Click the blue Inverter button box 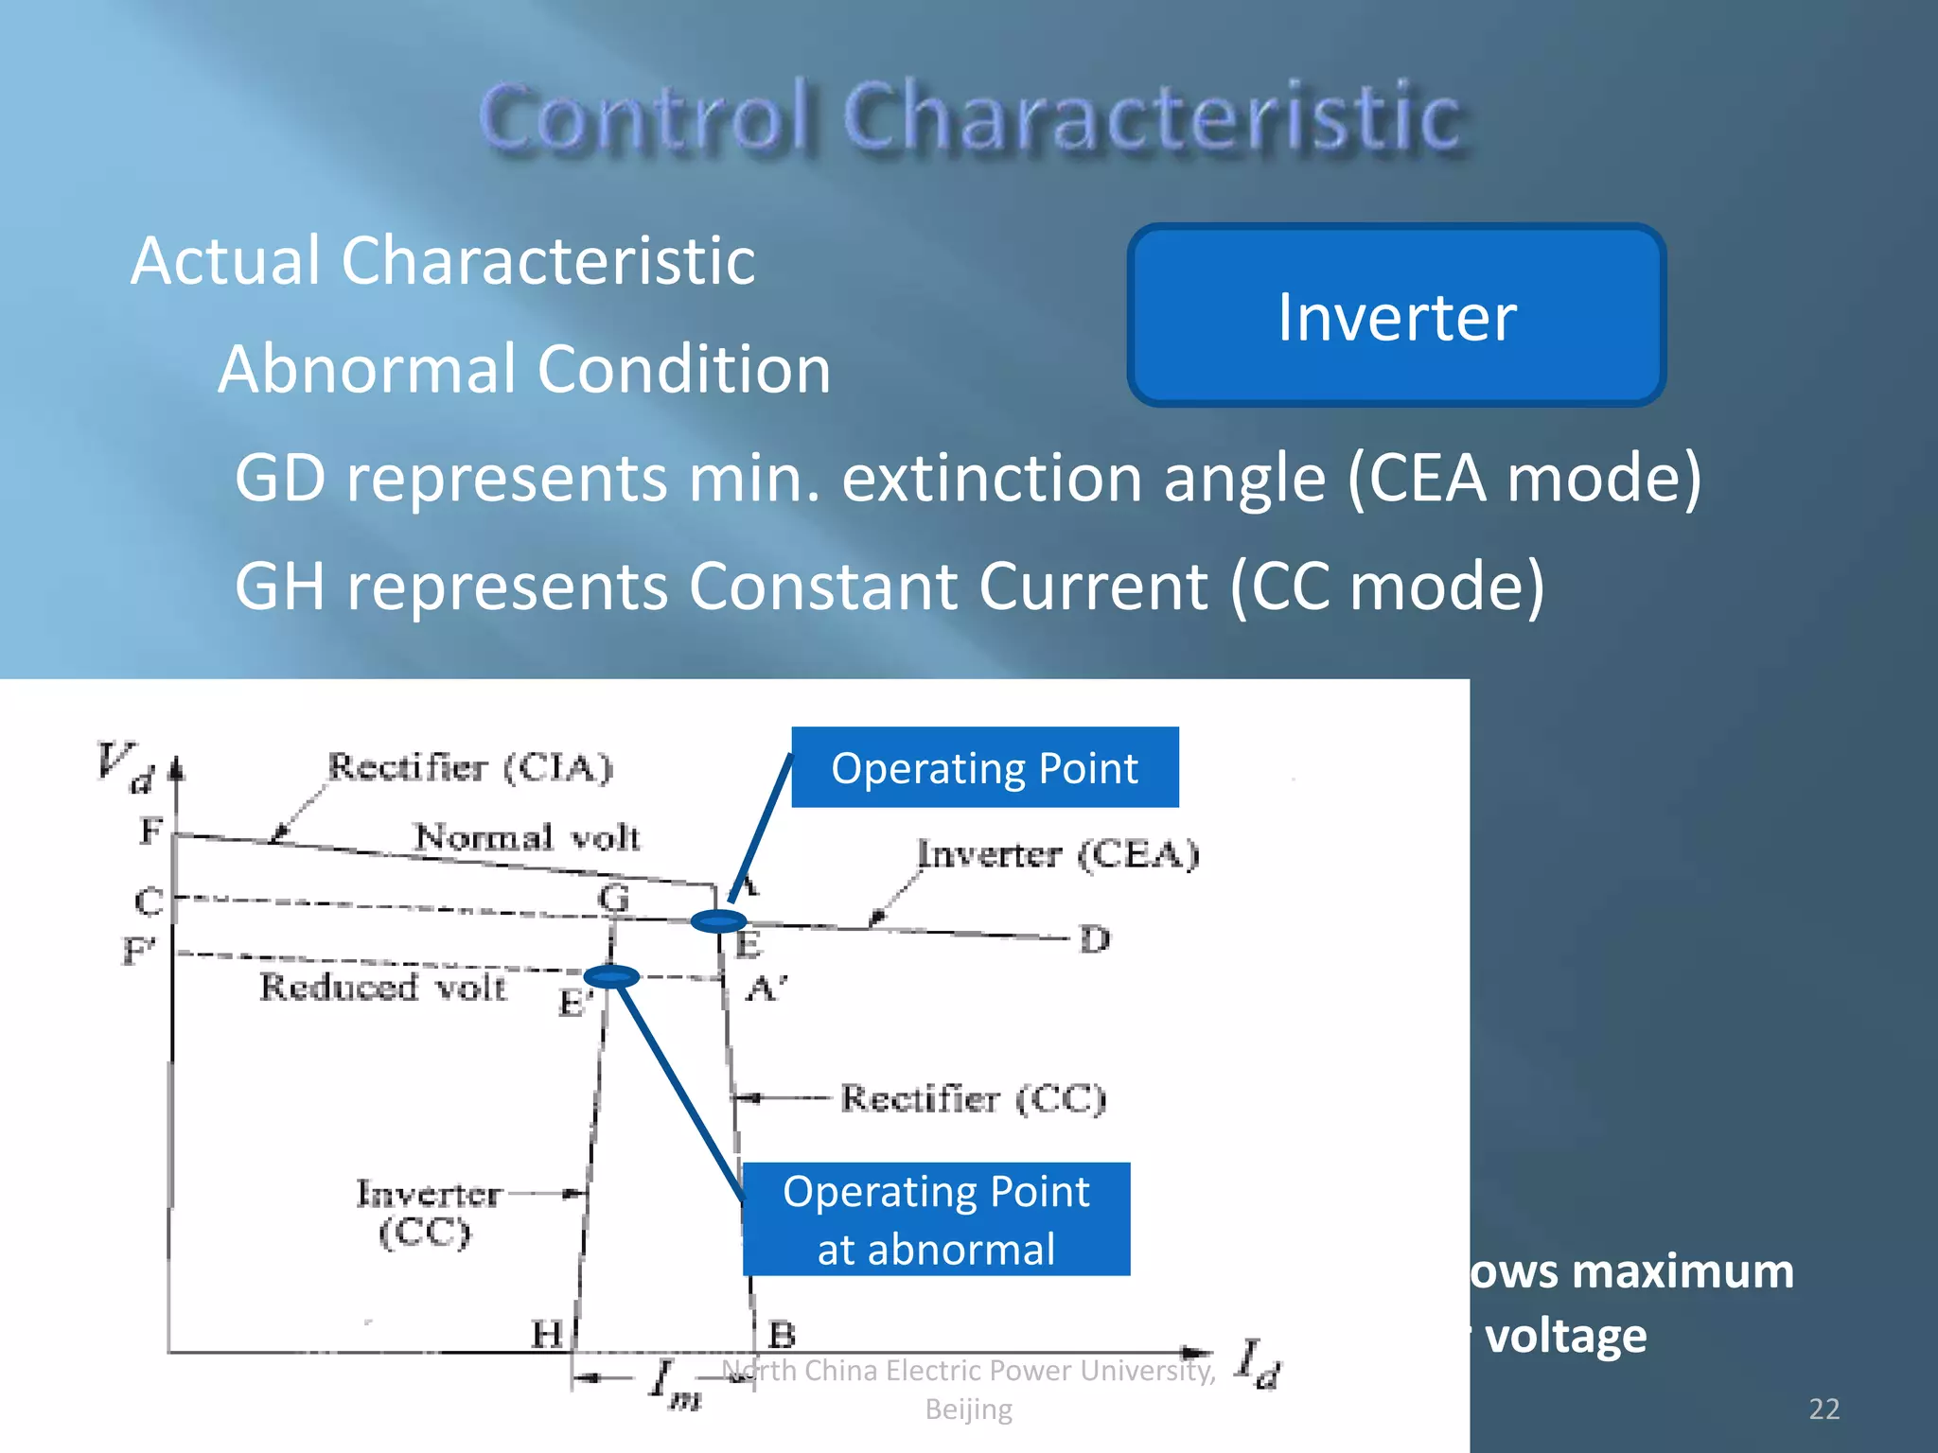click(1396, 316)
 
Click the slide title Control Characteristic click(971, 117)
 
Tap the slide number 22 click(1823, 1409)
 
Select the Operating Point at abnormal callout click(936, 1219)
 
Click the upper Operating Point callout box click(984, 767)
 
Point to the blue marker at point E click(718, 920)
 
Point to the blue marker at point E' click(611, 976)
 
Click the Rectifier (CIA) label click(470, 767)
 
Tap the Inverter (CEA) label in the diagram click(1058, 854)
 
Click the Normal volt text click(528, 837)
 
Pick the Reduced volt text click(382, 987)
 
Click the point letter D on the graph click(1095, 939)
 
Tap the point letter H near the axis click(547, 1334)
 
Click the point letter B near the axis click(782, 1335)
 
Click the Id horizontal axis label click(1259, 1363)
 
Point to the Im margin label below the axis click(675, 1383)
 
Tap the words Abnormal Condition click(524, 369)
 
